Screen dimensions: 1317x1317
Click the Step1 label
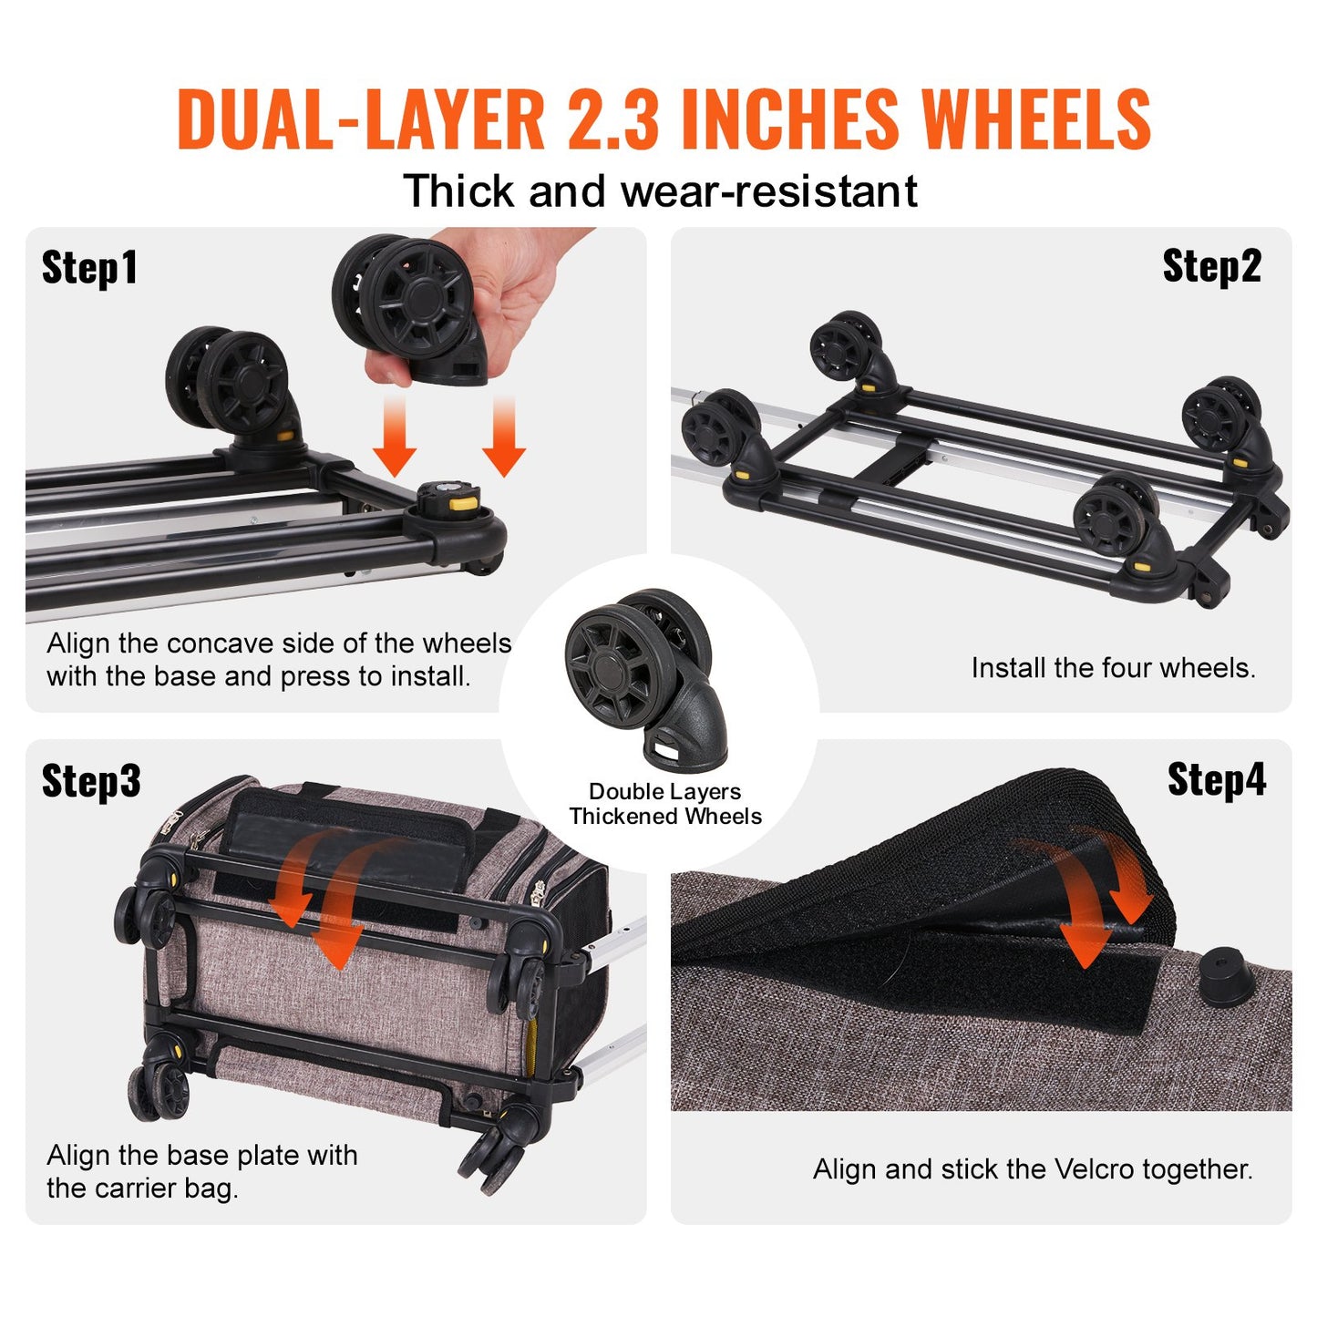click(89, 268)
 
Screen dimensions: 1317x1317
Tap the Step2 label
click(1211, 266)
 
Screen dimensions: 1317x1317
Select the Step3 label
click(91, 781)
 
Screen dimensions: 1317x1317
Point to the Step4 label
click(1217, 780)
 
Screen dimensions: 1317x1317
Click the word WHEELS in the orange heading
click(1036, 119)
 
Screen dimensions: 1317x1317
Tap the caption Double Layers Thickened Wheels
click(665, 804)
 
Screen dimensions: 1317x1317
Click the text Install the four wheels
click(1113, 668)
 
